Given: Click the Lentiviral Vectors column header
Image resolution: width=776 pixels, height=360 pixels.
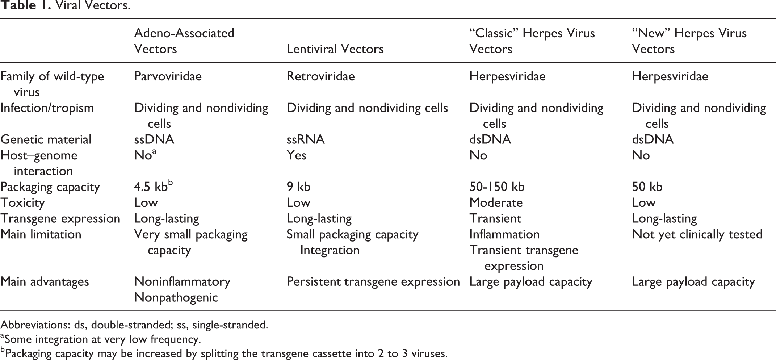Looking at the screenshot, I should tap(335, 49).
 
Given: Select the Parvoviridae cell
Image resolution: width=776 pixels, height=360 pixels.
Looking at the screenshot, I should tap(168, 76).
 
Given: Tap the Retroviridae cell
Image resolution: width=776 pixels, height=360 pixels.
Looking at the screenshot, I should tap(320, 76).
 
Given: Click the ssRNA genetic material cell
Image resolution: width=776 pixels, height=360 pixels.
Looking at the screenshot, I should tap(305, 139).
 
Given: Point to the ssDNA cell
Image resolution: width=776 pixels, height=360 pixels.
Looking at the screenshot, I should tap(154, 139).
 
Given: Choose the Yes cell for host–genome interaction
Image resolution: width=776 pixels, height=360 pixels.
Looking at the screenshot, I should tap(296, 155).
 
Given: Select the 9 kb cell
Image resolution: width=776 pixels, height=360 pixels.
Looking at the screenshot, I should tap(298, 187).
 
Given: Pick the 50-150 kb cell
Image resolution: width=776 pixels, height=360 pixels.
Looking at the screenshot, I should tap(497, 187).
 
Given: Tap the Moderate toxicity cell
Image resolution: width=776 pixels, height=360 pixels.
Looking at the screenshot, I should tap(496, 203).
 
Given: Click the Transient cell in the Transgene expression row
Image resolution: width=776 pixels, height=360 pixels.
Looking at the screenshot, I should tap(495, 218).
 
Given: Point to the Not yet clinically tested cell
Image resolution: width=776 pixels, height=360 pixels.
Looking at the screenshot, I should tap(697, 234).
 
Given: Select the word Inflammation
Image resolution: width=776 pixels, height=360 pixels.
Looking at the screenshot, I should tap(504, 234).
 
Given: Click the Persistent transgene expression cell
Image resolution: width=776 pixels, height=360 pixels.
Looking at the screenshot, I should tap(373, 282).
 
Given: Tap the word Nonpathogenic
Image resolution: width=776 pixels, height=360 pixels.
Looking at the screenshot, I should tap(176, 298).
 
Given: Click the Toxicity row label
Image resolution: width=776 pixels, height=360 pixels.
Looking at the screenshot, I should tap(22, 203).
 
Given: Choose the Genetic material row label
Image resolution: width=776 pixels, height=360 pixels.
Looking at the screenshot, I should tap(46, 139).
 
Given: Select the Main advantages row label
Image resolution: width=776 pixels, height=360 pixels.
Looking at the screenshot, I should tap(45, 282).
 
